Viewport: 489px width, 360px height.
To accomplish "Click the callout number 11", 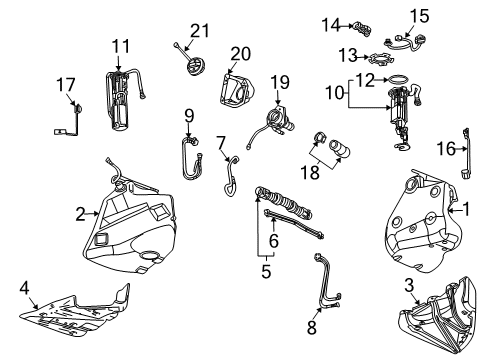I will (x=121, y=45).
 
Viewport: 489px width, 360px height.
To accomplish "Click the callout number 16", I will (x=450, y=149).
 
